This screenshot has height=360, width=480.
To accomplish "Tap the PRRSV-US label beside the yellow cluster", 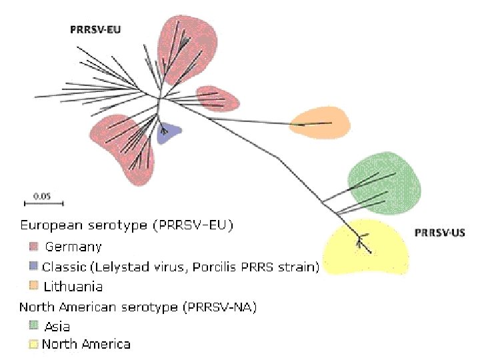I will coord(440,233).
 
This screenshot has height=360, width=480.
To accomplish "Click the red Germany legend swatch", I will coord(32,247).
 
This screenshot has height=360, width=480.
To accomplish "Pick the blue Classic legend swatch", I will coord(32,267).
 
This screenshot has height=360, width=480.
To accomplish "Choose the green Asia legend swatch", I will coord(32,326).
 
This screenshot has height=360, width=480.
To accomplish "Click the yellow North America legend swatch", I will coord(32,345).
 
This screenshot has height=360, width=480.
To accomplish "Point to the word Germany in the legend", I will coord(73,247).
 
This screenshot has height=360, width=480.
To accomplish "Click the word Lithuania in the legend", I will coord(73,287).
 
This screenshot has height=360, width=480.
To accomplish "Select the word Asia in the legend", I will coord(57,327).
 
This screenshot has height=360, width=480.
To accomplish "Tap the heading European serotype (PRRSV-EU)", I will coord(127,226).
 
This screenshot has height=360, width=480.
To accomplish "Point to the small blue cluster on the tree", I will coord(168,133).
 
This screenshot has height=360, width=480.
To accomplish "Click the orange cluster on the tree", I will coord(320,122).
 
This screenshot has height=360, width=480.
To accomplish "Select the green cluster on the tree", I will coord(385,183).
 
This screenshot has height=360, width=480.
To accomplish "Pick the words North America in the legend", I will coord(86,345).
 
